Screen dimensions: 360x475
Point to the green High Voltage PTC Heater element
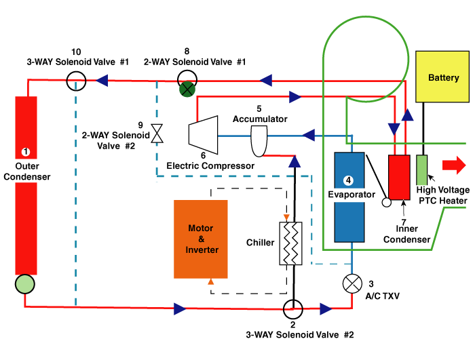coord(422,169)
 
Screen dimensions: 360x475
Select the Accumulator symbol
coord(260,141)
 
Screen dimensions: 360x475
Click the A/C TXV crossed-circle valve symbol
coord(351,284)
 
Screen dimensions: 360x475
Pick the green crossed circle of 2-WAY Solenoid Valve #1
coord(187,87)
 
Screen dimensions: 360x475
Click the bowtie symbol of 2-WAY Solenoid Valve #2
coord(158,133)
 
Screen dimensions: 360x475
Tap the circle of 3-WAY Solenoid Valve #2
coord(293,309)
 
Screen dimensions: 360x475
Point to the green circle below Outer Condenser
coord(26,283)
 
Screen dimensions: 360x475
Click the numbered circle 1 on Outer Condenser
coord(26,152)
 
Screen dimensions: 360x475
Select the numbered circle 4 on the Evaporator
coord(348,181)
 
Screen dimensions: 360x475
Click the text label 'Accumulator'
coord(260,119)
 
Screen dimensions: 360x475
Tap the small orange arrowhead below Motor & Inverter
coord(210,281)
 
